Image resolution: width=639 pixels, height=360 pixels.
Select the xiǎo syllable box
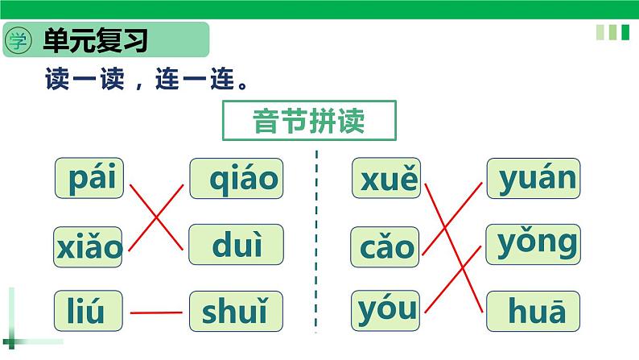[x=89, y=246]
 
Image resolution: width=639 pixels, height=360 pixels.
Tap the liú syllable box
[x=90, y=311]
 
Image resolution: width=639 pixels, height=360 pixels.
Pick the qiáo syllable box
[x=237, y=179]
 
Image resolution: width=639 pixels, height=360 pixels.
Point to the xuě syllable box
[x=386, y=179]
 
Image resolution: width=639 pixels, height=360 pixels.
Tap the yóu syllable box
[x=385, y=310]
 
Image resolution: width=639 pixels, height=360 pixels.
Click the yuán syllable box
[x=534, y=179]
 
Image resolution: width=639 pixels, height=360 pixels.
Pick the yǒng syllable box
[x=534, y=244]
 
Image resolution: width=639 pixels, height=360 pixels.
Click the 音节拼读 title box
[x=310, y=121]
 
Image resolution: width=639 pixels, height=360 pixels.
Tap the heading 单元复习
[x=97, y=40]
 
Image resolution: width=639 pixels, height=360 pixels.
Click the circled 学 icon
[x=18, y=40]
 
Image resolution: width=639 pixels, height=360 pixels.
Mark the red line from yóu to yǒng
[x=452, y=276]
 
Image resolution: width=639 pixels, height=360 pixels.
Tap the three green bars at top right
[x=612, y=32]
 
